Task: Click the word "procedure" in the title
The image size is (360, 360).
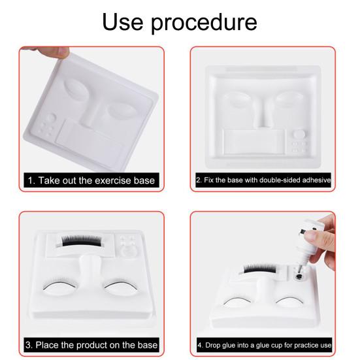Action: point(204,22)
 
